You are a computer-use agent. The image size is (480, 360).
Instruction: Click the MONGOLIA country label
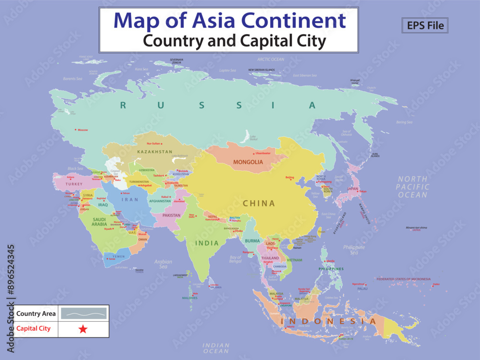(248, 162)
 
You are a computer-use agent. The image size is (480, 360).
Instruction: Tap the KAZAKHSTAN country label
(155, 152)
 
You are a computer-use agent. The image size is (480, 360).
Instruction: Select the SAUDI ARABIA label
(99, 222)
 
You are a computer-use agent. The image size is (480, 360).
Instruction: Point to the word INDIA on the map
(207, 243)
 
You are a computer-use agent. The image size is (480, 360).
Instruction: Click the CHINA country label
(259, 204)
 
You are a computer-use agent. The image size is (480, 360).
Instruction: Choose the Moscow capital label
(83, 130)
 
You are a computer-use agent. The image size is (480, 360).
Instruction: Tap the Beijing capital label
(289, 178)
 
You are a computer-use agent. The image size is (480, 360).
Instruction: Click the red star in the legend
(83, 329)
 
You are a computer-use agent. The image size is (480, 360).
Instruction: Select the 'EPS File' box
(425, 25)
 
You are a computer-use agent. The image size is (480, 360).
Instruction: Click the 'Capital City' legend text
(34, 329)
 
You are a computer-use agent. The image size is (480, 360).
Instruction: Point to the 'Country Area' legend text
(36, 314)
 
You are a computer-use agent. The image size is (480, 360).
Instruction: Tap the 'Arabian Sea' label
(163, 264)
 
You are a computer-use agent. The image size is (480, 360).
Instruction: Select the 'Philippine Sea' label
(354, 250)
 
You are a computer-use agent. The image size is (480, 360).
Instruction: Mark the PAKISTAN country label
(171, 216)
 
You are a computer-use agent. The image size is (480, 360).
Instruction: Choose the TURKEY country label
(74, 184)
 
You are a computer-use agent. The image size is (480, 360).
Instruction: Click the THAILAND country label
(270, 258)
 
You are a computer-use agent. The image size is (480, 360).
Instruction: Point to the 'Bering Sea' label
(404, 122)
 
